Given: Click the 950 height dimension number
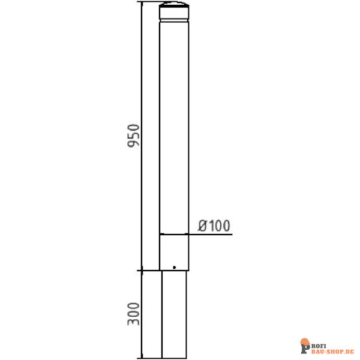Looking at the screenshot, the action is point(133,136).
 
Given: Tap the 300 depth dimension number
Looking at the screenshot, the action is point(133,314).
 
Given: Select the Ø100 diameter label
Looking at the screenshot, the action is point(214,226).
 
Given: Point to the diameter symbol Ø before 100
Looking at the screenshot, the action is point(203,226).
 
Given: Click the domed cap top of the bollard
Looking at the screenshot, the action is point(174,10).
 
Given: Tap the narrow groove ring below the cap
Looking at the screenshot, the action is point(174,21).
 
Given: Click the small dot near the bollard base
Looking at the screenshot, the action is point(174,267).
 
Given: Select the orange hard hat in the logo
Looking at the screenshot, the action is point(305,341).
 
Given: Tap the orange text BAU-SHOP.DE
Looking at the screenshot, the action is point(332,352).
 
